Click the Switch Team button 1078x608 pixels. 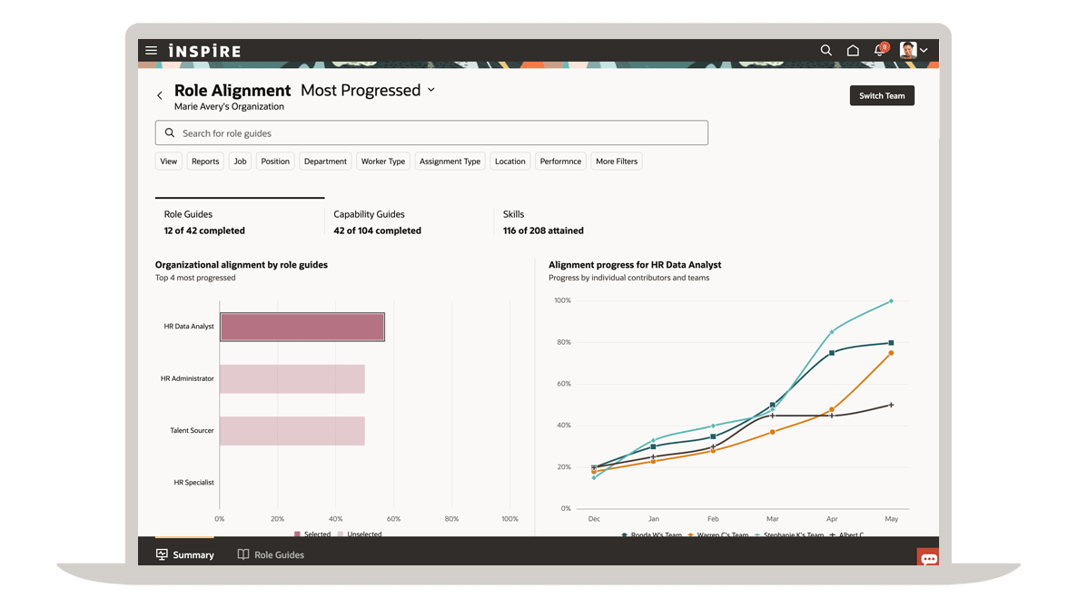point(881,95)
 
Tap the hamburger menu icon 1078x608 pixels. point(152,51)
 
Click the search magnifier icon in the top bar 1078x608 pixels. point(826,51)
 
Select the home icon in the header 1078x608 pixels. point(853,51)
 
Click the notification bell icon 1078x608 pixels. point(879,51)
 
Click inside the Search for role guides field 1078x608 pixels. point(431,133)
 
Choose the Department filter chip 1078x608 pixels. point(325,162)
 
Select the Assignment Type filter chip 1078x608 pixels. point(450,162)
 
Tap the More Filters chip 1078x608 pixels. point(617,162)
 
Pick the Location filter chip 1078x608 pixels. point(509,162)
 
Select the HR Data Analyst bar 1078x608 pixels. point(302,327)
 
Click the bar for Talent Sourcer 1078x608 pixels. point(292,431)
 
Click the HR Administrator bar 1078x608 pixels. point(292,379)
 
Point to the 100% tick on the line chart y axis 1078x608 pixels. point(562,300)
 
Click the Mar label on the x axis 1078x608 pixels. point(772,519)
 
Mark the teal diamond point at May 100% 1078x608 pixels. point(891,301)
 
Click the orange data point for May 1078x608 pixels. point(891,353)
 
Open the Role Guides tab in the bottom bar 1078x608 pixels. point(271,554)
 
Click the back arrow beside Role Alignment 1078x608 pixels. point(160,95)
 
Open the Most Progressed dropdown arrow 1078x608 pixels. point(431,90)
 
